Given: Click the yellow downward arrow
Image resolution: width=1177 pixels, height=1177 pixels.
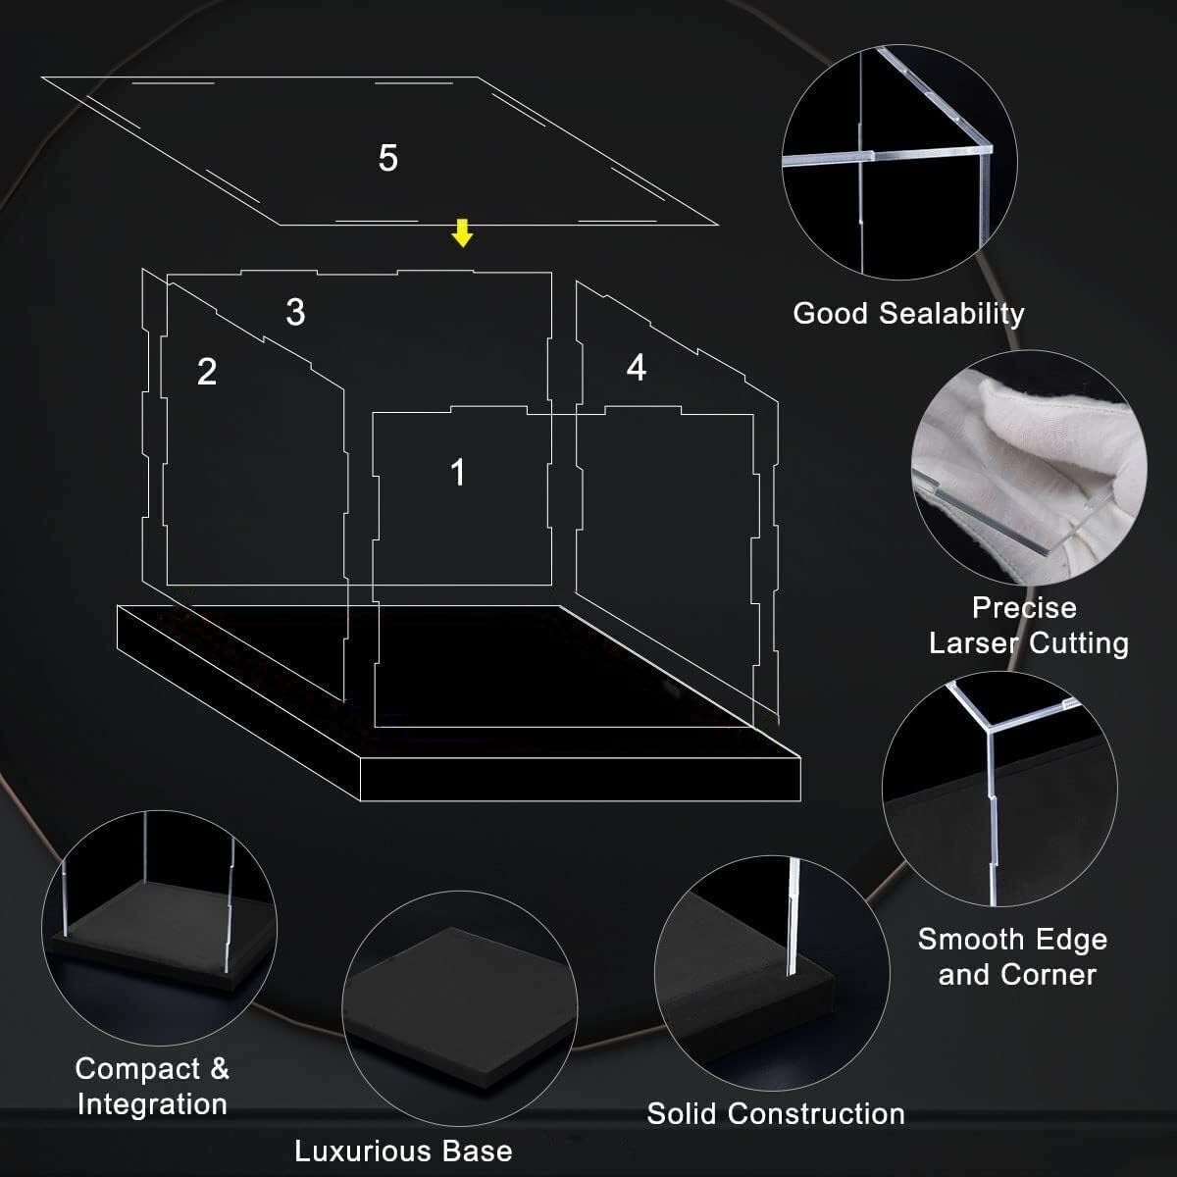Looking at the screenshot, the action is [x=462, y=232].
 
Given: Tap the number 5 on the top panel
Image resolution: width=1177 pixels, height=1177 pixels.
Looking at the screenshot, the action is [x=387, y=158].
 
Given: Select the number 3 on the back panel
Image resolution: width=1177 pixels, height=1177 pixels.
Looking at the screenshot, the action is [x=295, y=312].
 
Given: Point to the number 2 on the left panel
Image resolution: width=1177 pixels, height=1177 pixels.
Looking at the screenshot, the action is [x=207, y=372].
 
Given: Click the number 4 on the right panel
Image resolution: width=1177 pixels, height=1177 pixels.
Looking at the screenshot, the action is [x=637, y=368].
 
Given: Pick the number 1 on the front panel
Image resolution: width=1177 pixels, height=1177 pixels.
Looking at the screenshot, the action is [x=458, y=472].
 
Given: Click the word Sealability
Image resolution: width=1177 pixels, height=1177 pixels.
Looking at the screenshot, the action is [x=951, y=314].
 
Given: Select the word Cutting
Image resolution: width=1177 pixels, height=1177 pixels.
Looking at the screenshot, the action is [x=1079, y=644].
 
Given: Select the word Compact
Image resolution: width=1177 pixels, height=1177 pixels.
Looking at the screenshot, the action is [x=137, y=1069].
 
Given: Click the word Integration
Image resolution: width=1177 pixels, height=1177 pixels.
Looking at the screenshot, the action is [x=153, y=1105].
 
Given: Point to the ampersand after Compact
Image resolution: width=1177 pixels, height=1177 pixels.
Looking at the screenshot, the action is [x=220, y=1068].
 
